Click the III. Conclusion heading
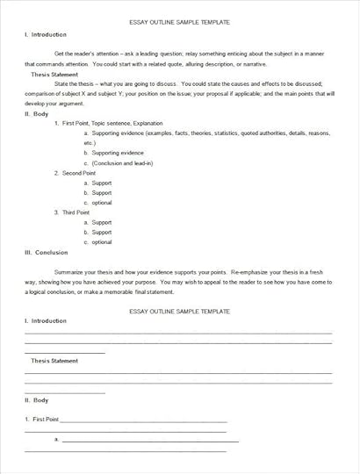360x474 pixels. (x=46, y=252)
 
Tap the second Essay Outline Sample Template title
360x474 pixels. (x=179, y=311)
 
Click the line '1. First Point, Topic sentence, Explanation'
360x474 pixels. (x=100, y=124)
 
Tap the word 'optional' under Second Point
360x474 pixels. (x=102, y=203)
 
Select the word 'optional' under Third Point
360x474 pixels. (x=102, y=241)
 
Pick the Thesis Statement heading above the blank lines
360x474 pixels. (x=54, y=361)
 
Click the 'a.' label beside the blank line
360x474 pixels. (x=57, y=438)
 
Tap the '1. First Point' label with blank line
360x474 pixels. (x=40, y=419)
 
